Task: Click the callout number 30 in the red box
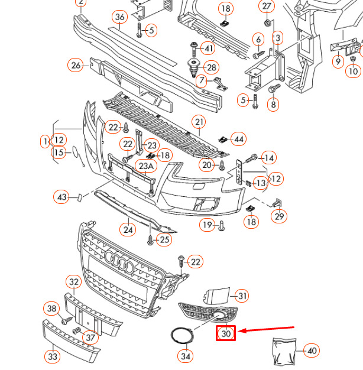click(226, 333)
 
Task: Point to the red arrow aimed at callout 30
click(266, 329)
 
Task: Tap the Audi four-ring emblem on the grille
click(119, 262)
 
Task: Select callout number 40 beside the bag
click(312, 350)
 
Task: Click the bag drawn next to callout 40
click(284, 352)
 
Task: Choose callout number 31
click(242, 296)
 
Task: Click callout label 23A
click(147, 166)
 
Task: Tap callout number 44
click(238, 139)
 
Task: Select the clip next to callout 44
click(223, 139)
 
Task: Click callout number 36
click(119, 17)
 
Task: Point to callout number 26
click(76, 66)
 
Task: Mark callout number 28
click(212, 68)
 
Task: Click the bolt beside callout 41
click(193, 49)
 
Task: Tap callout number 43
click(62, 197)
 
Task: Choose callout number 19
click(208, 225)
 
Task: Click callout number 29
click(279, 216)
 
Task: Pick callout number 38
click(51, 309)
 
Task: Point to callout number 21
click(199, 122)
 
